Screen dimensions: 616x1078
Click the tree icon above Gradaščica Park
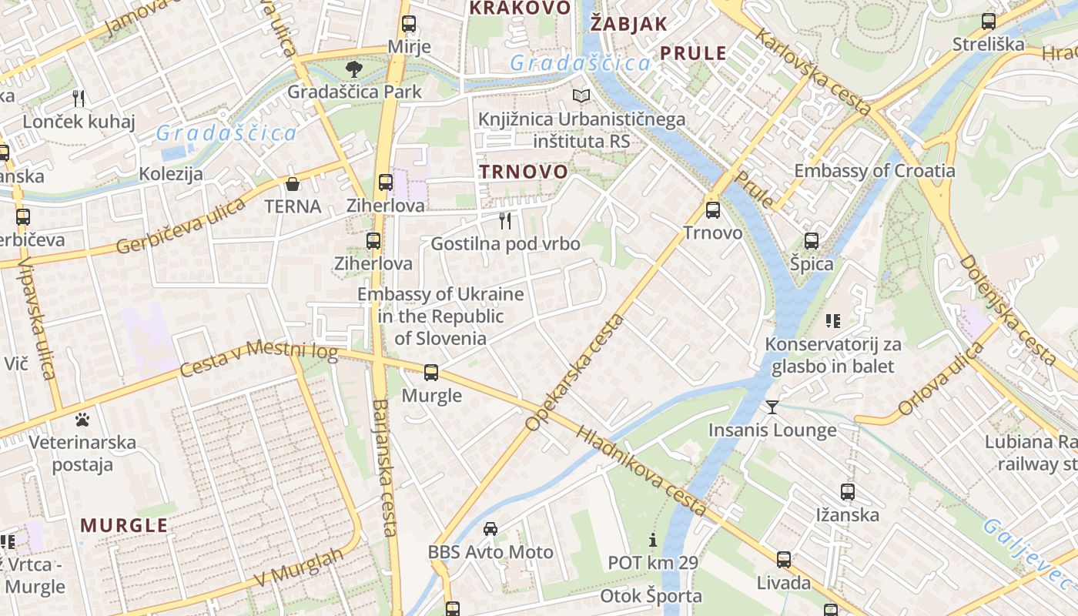tap(354, 69)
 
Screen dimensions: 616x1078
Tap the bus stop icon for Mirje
tap(409, 24)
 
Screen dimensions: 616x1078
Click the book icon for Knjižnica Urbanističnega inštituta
tap(581, 96)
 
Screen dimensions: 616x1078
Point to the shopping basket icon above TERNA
tap(293, 184)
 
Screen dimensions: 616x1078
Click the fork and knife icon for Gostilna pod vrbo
tap(505, 221)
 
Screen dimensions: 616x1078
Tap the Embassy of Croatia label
tap(874, 171)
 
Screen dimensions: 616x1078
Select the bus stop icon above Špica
tap(812, 241)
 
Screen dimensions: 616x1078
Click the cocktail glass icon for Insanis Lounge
tap(772, 407)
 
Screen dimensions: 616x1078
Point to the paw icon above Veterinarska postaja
tap(82, 420)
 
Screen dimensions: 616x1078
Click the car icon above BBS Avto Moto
tap(490, 529)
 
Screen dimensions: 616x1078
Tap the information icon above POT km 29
tap(653, 540)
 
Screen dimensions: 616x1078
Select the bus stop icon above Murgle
tap(431, 373)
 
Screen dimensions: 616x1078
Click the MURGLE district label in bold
tap(124, 526)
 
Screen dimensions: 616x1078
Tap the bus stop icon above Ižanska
tap(848, 491)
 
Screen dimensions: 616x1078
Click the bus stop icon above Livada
tap(784, 560)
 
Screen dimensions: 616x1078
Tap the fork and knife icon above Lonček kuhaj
tap(78, 98)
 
